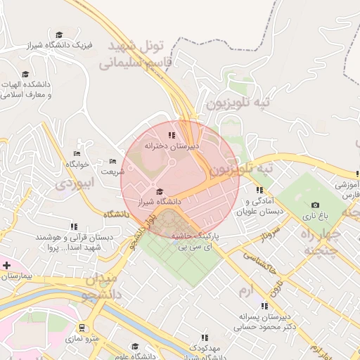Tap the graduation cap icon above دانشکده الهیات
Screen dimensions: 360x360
(x=25, y=74)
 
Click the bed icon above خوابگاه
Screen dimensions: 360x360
(x=77, y=153)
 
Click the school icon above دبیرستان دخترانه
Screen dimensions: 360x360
(x=171, y=135)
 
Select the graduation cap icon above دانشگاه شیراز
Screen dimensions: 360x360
(x=160, y=191)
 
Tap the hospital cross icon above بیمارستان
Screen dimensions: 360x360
(x=7, y=265)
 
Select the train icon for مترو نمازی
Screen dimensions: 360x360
(x=82, y=328)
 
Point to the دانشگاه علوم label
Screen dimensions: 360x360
(x=135, y=355)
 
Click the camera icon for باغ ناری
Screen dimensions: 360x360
(x=314, y=205)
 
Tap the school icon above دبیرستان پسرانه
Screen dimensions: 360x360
(x=264, y=306)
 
